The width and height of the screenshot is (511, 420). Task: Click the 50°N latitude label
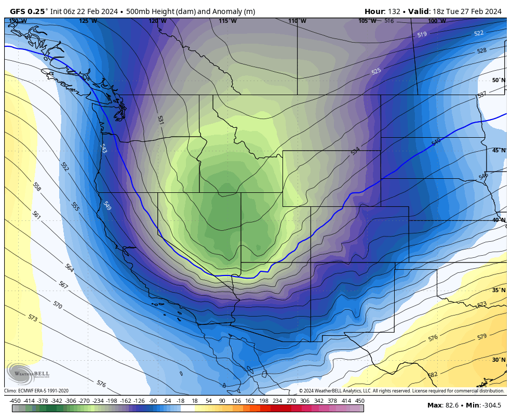pyautogui.click(x=498, y=80)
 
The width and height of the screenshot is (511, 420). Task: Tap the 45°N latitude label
pyautogui.click(x=498, y=150)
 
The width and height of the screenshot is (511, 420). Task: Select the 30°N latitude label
pyautogui.click(x=498, y=360)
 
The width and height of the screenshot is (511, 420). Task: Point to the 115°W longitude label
pyautogui.click(x=227, y=21)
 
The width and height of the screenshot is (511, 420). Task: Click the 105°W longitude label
pyautogui.click(x=367, y=21)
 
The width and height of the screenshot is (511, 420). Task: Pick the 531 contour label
pyautogui.click(x=160, y=120)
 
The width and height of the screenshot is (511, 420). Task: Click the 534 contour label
pyautogui.click(x=355, y=151)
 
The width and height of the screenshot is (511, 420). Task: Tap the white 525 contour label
pyautogui.click(x=376, y=71)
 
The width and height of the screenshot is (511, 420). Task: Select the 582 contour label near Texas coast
pyautogui.click(x=432, y=374)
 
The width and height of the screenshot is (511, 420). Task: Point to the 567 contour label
pyautogui.click(x=63, y=285)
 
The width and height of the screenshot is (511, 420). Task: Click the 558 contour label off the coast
pyautogui.click(x=36, y=186)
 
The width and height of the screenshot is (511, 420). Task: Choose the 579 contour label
pyautogui.click(x=482, y=337)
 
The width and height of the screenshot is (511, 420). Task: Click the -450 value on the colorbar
pyautogui.click(x=15, y=401)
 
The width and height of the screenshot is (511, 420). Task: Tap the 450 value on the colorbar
pyautogui.click(x=360, y=401)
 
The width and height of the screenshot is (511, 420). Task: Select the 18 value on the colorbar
pyautogui.click(x=195, y=401)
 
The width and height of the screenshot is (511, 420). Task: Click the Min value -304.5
pyautogui.click(x=491, y=405)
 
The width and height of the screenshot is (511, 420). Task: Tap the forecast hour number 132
pyautogui.click(x=393, y=11)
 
